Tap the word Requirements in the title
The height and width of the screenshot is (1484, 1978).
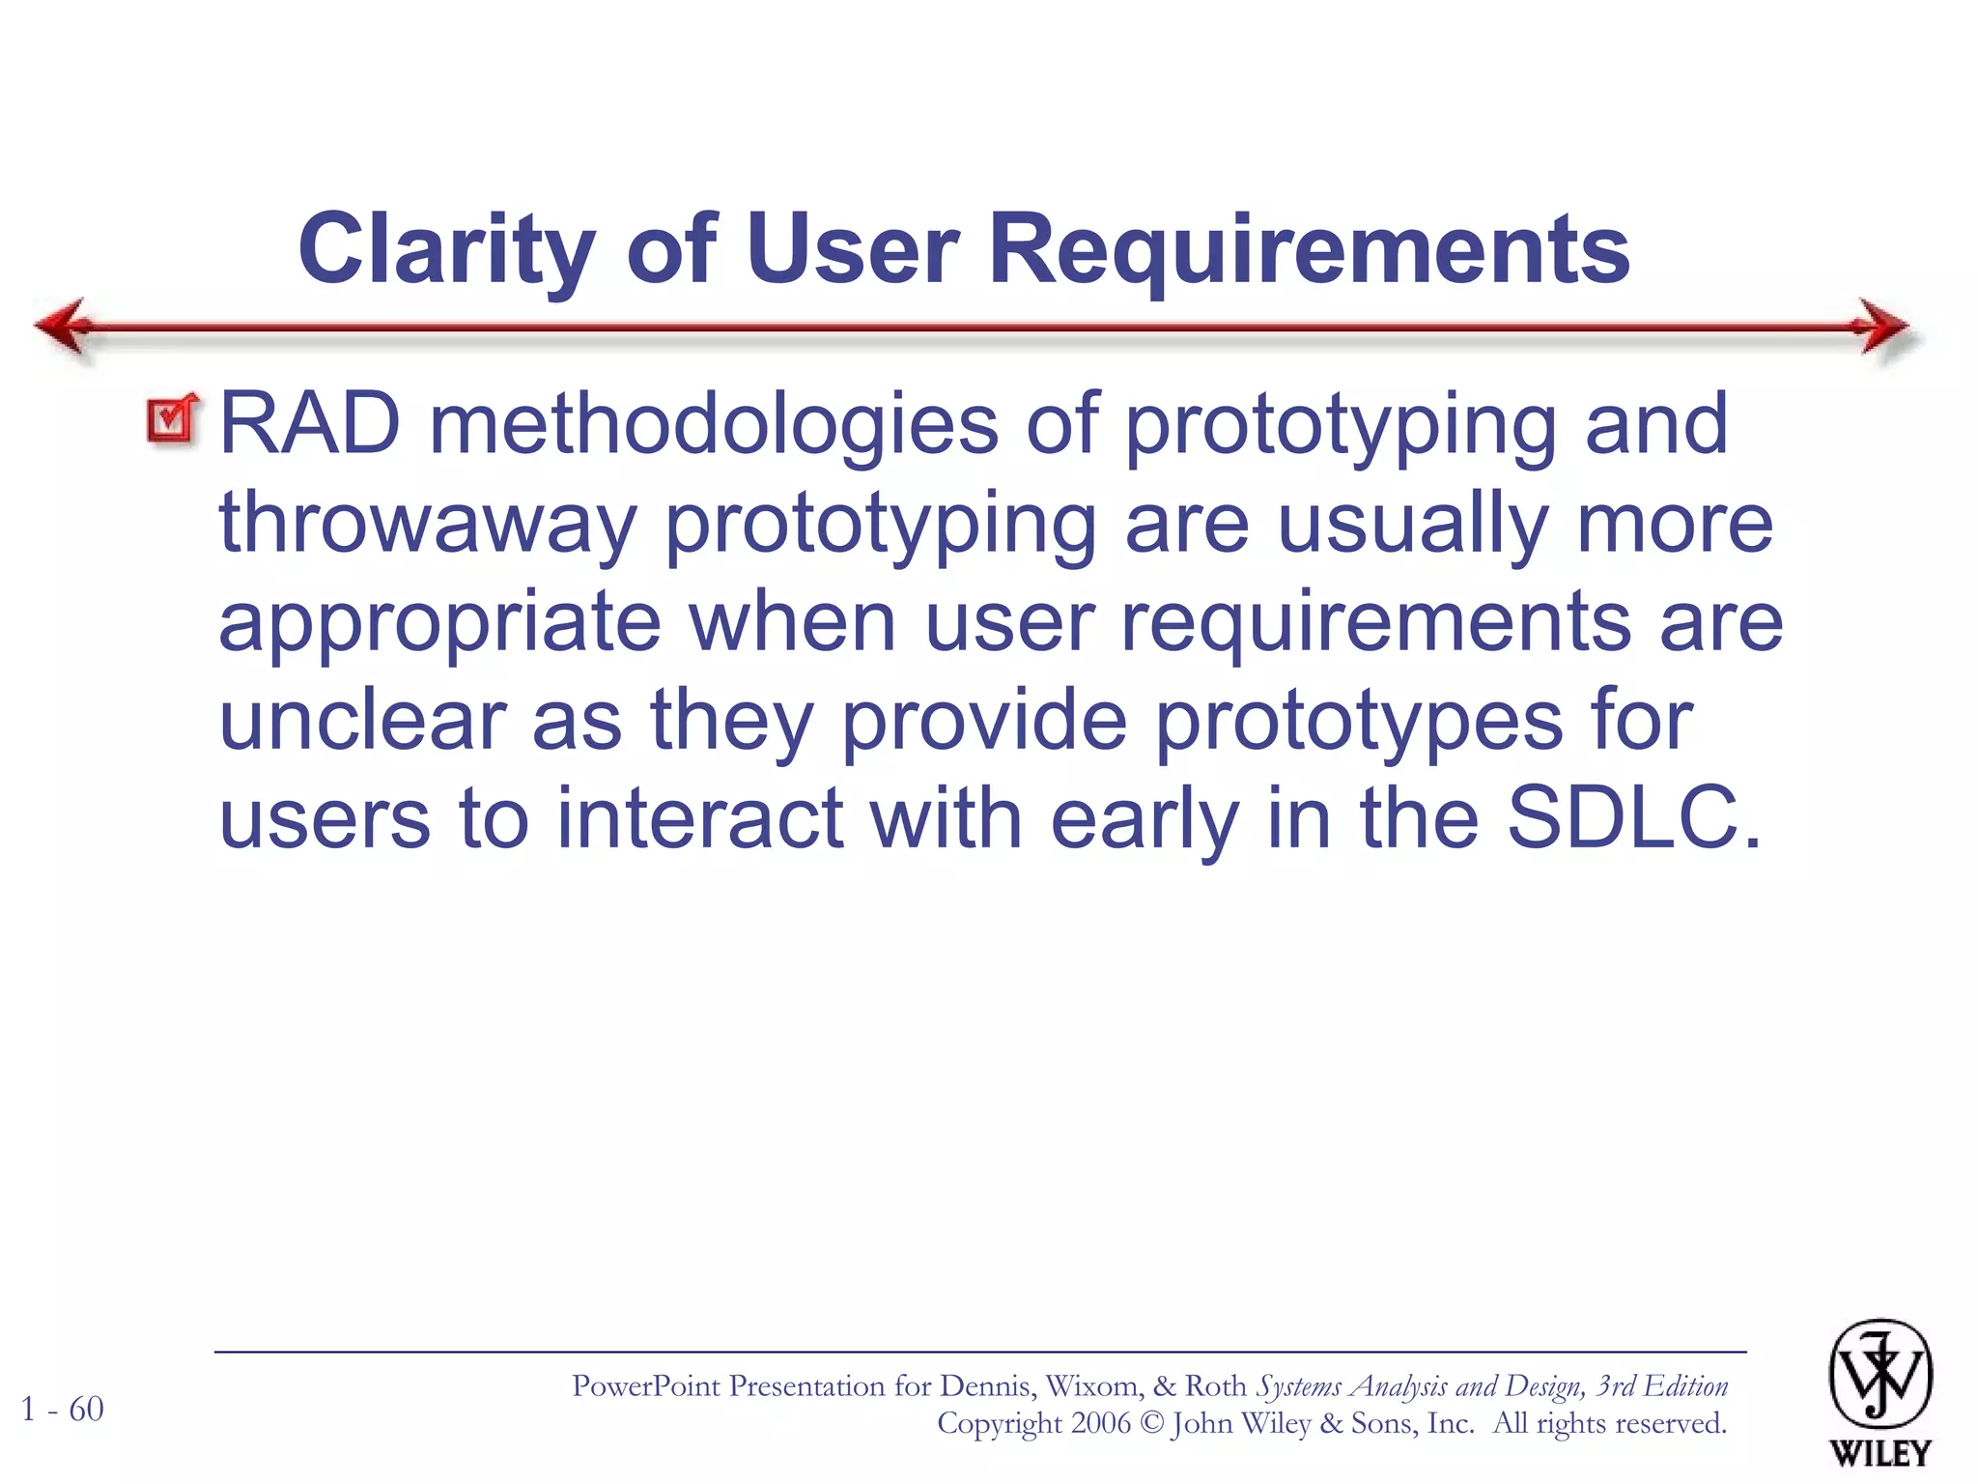coord(1310,249)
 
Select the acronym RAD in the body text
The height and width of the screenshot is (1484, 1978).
coord(309,424)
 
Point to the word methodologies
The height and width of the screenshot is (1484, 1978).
coord(713,424)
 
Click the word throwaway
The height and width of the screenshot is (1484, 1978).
coord(427,523)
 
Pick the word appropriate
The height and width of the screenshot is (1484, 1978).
coord(439,623)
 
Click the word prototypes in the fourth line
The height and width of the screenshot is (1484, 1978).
coord(1358,722)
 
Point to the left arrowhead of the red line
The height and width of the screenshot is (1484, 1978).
coord(64,326)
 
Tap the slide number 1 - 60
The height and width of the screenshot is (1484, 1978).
coord(63,1410)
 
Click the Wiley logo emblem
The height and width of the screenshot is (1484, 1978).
coord(1879,1374)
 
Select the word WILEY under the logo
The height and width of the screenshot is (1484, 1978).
coord(1879,1453)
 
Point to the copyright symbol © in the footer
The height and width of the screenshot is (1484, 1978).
coord(1151,1424)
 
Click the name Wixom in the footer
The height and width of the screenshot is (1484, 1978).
coord(1093,1386)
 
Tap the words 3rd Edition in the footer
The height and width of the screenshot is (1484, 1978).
coord(1661,1386)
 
